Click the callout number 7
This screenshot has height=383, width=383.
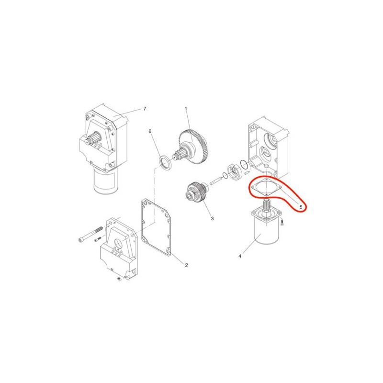click(145, 109)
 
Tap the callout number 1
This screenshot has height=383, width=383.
click(186, 109)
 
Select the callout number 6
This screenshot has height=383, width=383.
click(150, 131)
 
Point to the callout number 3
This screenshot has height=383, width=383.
click(212, 218)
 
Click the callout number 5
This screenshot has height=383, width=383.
click(301, 207)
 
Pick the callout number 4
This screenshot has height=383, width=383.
click(240, 256)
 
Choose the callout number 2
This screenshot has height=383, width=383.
click(186, 265)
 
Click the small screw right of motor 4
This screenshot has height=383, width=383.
click(282, 222)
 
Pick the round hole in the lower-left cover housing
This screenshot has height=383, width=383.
click(119, 243)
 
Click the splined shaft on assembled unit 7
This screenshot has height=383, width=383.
click(93, 139)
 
